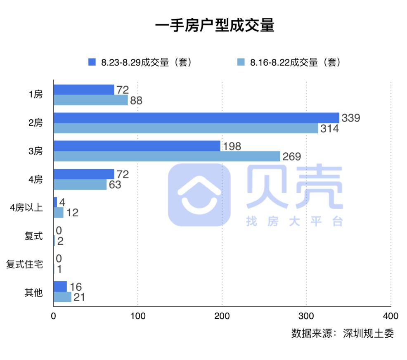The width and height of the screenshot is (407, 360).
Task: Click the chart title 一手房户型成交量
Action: click(215, 26)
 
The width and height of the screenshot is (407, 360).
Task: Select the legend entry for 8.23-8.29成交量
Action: click(140, 62)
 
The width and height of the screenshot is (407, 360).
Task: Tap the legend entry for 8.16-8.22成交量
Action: click(289, 62)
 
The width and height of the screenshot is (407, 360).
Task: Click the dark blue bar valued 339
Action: click(196, 118)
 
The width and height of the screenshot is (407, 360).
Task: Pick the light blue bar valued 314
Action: click(186, 128)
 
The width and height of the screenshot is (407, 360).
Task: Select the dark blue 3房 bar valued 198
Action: click(137, 146)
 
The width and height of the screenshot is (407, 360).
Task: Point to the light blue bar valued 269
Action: click(167, 156)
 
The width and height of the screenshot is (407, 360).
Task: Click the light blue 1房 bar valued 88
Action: click(91, 100)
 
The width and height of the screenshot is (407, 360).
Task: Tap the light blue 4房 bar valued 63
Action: click(80, 185)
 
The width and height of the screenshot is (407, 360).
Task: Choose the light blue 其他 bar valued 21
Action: click(62, 297)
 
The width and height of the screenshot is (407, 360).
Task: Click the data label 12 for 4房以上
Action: click(72, 213)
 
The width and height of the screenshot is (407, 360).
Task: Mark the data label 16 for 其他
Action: click(76, 287)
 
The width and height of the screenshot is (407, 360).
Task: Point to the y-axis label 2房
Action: click(35, 123)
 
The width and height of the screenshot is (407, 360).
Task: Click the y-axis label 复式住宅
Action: click(24, 264)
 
